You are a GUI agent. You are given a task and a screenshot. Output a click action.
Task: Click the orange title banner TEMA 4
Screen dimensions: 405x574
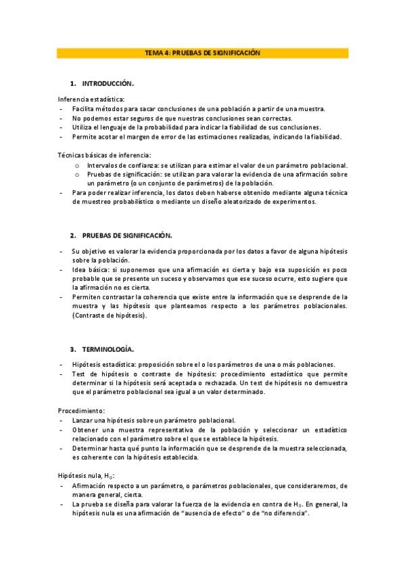tap(202, 52)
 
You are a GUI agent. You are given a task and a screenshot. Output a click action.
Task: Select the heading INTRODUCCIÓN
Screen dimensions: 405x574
tap(108, 83)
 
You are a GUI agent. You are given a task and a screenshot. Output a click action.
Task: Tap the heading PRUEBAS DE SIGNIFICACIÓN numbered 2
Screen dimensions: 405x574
tap(127, 235)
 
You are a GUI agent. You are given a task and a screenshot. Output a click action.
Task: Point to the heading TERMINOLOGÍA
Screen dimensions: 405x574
tap(108, 349)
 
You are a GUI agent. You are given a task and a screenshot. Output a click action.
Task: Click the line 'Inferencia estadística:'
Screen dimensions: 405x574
tap(87, 100)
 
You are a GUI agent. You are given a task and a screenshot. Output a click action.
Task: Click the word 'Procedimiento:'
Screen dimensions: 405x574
tap(81, 411)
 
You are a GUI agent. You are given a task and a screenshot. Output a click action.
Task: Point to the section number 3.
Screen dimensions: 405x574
tap(72, 349)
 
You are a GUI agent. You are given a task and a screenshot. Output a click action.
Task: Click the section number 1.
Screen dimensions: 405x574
tap(72, 83)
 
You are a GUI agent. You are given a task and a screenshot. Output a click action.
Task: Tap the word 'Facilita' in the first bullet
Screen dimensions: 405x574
tap(84, 108)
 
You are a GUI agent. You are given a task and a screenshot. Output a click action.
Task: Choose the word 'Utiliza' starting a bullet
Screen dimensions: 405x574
tap(82, 127)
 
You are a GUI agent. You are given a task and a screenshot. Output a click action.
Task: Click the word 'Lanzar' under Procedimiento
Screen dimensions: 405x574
tap(82, 420)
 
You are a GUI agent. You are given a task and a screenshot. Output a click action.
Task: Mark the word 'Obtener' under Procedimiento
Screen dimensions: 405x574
tap(85, 430)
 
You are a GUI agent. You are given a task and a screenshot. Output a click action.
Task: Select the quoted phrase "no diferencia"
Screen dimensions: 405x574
tap(285, 514)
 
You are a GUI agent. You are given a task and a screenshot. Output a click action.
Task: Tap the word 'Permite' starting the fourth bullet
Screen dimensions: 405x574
tap(84, 137)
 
